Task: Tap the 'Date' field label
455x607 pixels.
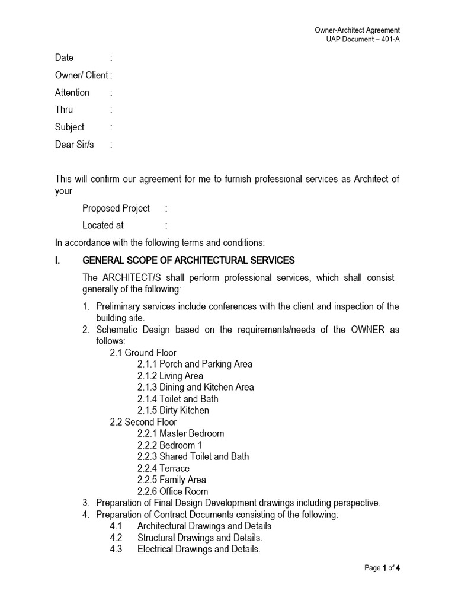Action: (64, 57)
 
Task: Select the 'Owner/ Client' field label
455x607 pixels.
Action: (82, 75)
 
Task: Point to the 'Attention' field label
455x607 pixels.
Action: (72, 92)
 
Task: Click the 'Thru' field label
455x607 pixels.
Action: (64, 110)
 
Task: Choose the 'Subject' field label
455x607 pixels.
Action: (70, 127)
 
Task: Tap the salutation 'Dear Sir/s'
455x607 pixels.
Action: (75, 144)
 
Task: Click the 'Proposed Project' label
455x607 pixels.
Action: (116, 208)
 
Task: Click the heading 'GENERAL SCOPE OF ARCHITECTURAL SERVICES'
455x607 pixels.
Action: (188, 260)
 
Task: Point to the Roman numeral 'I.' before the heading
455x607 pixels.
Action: (59, 260)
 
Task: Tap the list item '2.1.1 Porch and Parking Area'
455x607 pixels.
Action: (195, 364)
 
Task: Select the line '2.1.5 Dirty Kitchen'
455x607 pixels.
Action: (173, 410)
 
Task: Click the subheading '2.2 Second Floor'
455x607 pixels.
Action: (143, 422)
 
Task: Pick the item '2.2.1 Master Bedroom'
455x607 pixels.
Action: (181, 433)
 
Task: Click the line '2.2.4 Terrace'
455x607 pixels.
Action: (164, 468)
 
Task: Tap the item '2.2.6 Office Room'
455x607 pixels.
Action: (172, 491)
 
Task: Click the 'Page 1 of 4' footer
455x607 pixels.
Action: (382, 568)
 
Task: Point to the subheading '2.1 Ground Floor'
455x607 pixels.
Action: (143, 353)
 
